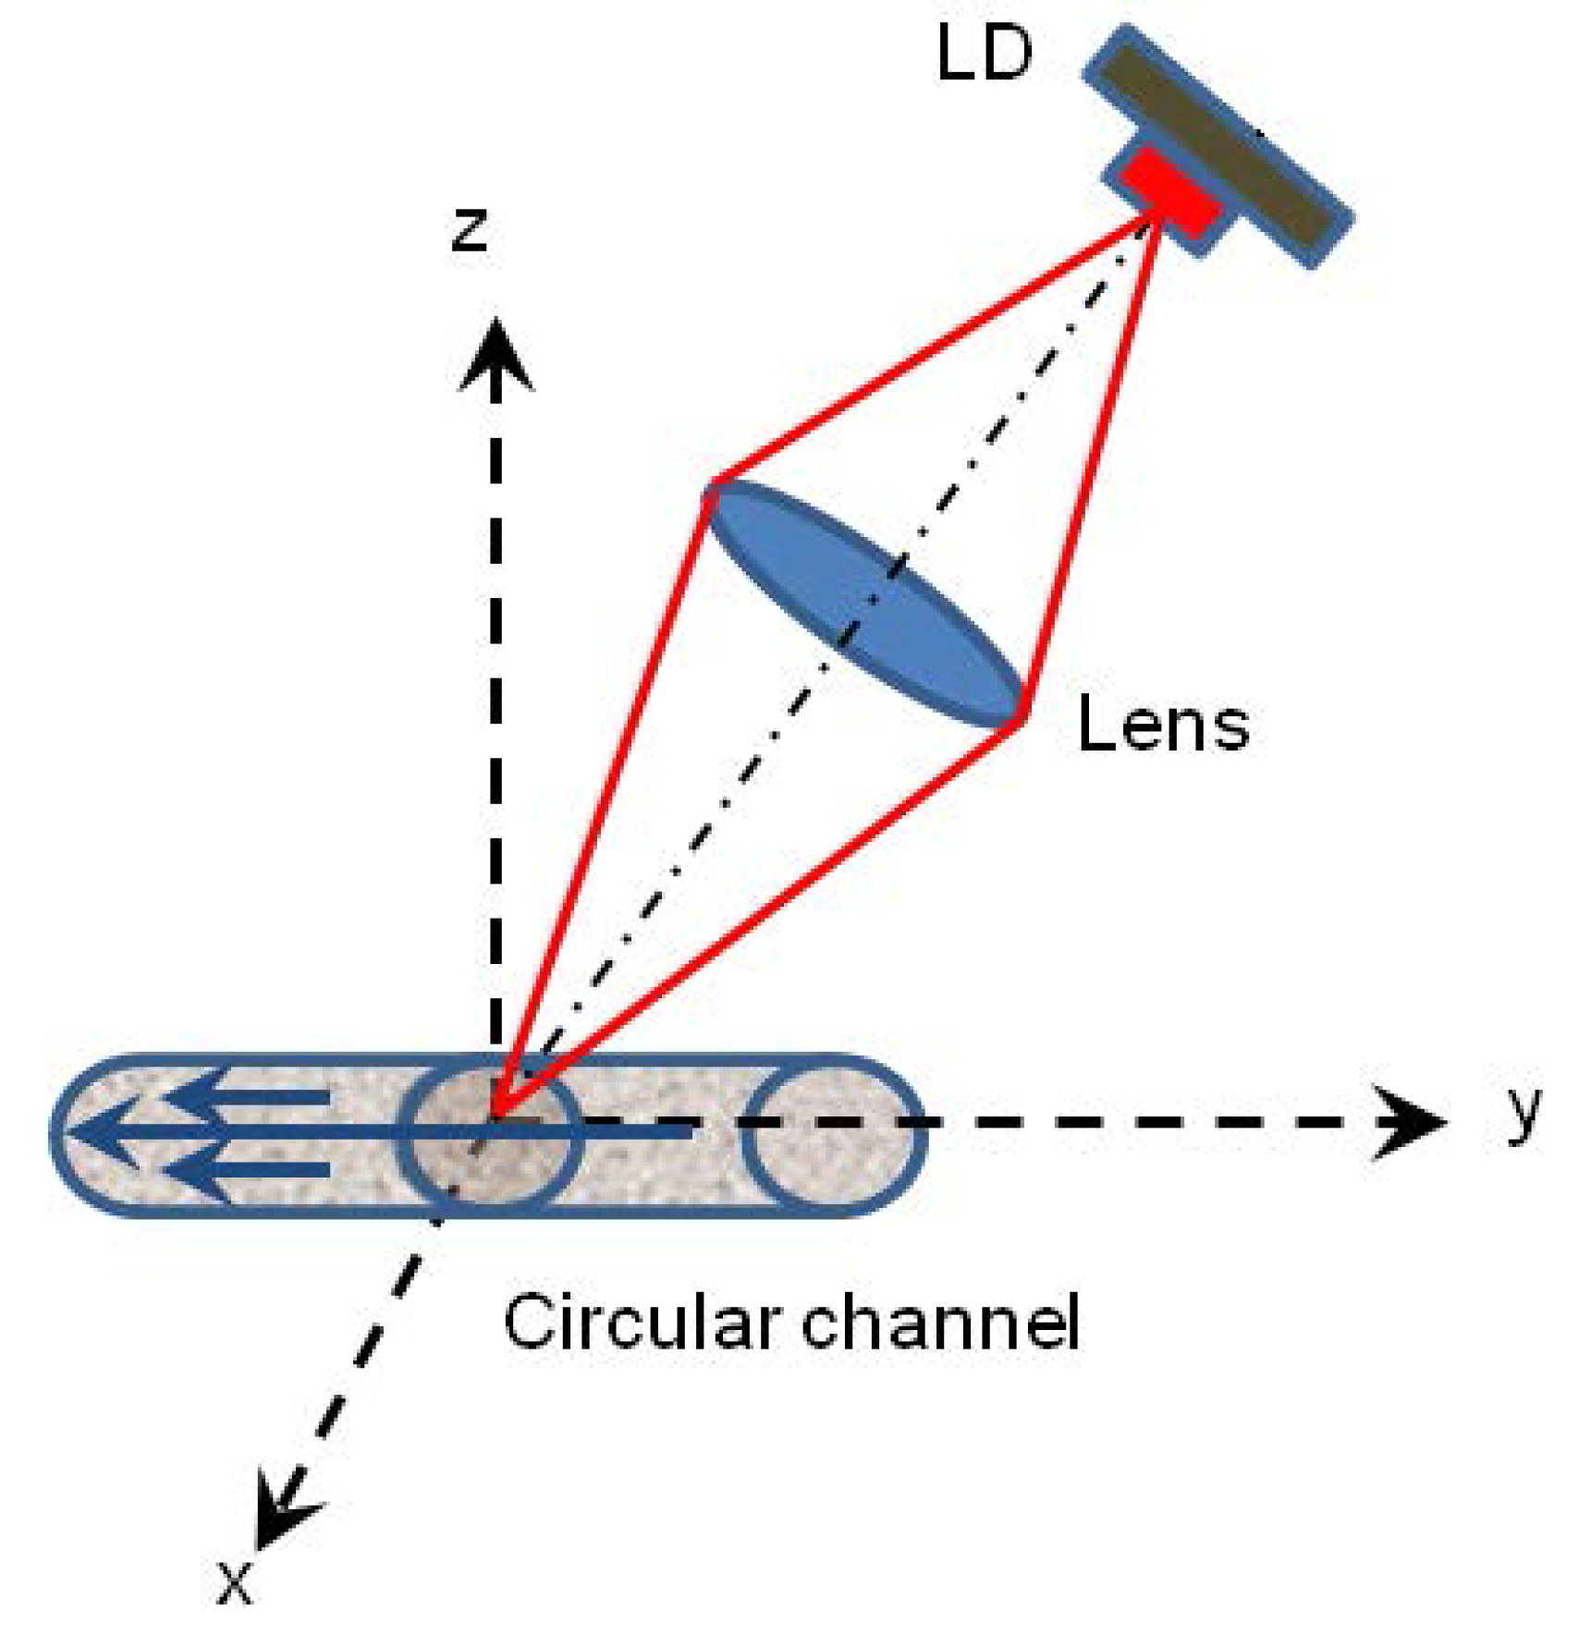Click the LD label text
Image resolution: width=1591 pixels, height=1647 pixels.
point(984,54)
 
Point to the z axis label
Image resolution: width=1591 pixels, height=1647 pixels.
point(470,229)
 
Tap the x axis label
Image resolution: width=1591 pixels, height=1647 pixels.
point(234,1583)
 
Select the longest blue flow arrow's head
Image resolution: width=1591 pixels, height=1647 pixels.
point(102,1130)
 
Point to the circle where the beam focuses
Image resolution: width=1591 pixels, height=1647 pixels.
point(489,1134)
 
